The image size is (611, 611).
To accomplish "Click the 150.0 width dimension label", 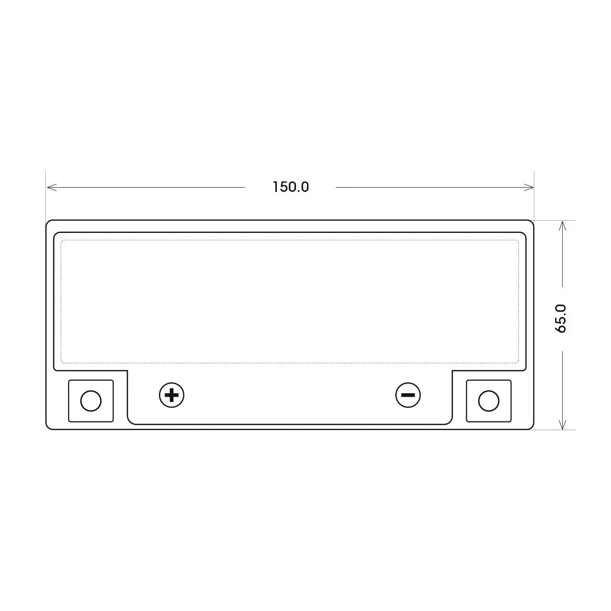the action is [x=290, y=187].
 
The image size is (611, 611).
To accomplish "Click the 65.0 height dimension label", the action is [x=560, y=318].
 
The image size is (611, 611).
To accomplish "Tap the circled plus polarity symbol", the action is [x=171, y=395].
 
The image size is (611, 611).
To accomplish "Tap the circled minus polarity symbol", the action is [x=408, y=395].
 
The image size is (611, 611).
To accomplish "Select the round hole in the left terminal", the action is [x=91, y=401].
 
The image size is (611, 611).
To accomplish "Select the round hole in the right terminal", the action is [x=489, y=401].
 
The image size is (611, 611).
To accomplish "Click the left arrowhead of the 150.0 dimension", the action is [x=52, y=188].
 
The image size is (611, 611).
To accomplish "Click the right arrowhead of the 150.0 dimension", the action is [x=529, y=188].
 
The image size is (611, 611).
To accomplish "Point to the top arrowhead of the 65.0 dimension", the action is [x=562, y=226].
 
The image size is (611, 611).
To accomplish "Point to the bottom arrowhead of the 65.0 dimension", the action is [x=562, y=424].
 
